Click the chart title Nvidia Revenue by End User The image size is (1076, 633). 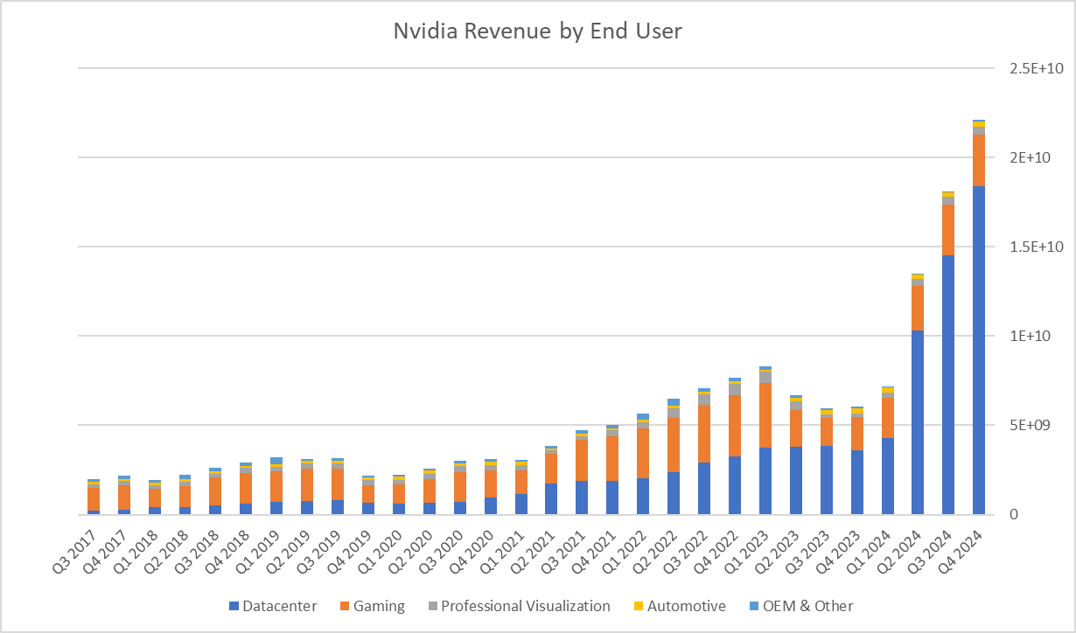[537, 31]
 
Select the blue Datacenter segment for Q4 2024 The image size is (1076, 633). [979, 350]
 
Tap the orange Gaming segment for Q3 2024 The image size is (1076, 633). [948, 229]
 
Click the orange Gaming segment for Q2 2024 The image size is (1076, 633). [918, 308]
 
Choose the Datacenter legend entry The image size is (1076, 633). [273, 606]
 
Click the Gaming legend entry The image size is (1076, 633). [374, 606]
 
